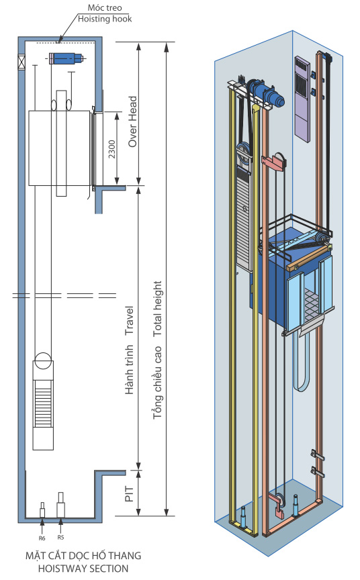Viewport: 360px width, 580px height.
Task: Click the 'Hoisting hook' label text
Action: click(105, 19)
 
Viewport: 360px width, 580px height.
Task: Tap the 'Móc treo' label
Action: click(105, 8)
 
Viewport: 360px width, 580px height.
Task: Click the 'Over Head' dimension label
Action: click(132, 122)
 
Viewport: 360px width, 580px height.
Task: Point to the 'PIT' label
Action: click(129, 493)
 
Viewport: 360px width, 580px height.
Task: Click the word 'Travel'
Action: click(129, 320)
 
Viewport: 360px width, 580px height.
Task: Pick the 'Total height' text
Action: click(158, 309)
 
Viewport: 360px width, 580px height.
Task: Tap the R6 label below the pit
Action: click(42, 538)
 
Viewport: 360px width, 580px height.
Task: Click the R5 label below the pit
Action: click(60, 538)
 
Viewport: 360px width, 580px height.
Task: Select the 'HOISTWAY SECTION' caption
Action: click(83, 569)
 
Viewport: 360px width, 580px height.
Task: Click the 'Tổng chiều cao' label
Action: click(158, 382)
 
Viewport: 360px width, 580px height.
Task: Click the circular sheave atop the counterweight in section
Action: click(43, 360)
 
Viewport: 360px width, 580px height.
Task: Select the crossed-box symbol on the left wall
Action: click(21, 62)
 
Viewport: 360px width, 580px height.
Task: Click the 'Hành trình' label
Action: click(129, 370)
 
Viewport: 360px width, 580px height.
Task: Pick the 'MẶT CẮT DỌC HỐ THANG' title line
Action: click(83, 556)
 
